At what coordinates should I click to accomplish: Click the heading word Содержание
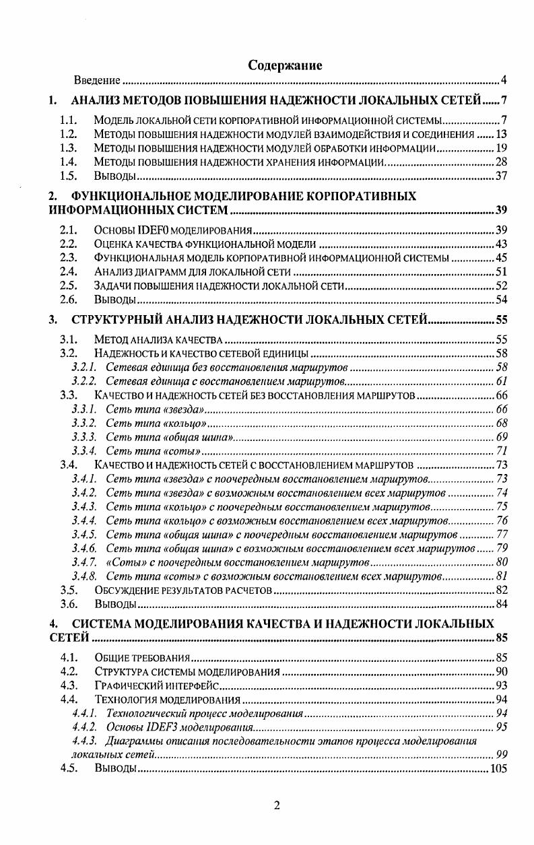[285, 65]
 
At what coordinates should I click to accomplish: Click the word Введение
[97, 81]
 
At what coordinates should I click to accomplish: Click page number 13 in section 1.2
[500, 133]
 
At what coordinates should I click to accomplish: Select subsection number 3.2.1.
[84, 367]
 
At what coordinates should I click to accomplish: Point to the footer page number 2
[277, 807]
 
